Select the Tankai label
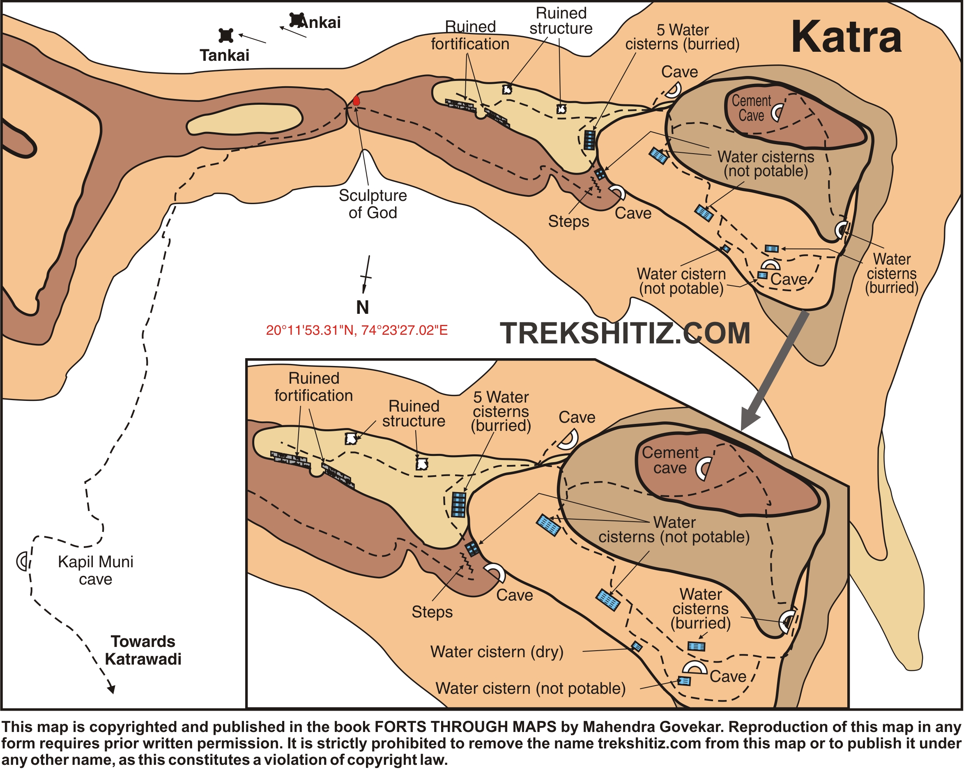pyautogui.click(x=225, y=55)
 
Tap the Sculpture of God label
pyautogui.click(x=373, y=204)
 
